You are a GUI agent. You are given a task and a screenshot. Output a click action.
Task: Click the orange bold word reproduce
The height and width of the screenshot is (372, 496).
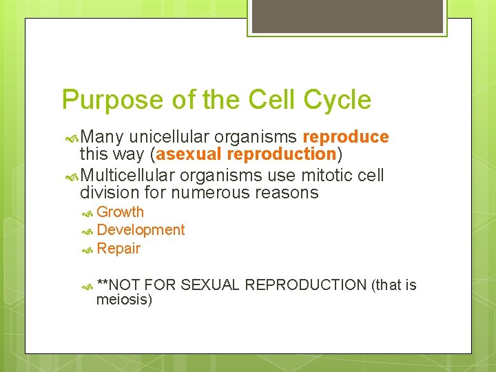(x=345, y=137)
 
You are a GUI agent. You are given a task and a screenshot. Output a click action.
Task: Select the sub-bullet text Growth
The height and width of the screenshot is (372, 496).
(x=121, y=212)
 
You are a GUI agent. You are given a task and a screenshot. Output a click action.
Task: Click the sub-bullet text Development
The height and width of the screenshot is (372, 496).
(x=141, y=230)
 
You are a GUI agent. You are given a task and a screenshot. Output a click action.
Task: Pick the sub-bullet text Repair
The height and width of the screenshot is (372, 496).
(x=118, y=249)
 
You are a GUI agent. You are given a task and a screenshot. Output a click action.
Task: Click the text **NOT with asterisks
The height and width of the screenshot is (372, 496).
(x=119, y=285)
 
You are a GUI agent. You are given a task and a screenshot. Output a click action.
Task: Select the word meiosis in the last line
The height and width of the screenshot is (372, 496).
(x=124, y=300)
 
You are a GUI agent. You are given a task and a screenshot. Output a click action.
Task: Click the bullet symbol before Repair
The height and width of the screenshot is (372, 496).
(x=87, y=249)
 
